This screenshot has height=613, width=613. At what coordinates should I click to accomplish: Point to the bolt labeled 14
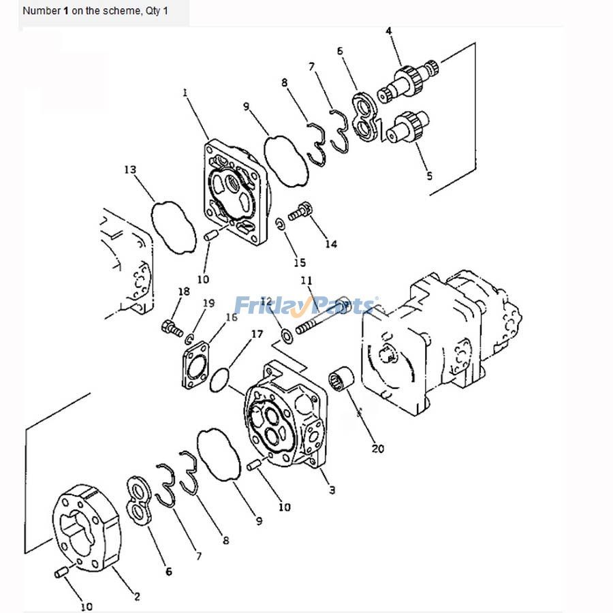pos(300,211)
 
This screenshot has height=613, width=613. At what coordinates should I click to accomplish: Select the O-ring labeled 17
pos(219,377)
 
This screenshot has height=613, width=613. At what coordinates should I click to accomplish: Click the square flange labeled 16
pos(195,365)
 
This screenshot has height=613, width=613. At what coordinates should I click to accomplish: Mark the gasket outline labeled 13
pos(173,225)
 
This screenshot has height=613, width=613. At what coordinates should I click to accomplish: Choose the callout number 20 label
pos(377,448)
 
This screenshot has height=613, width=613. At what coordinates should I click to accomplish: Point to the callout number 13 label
pos(129,169)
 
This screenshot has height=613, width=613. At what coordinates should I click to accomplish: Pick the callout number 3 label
pos(332,490)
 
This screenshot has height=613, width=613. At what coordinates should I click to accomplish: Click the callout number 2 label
pos(137,597)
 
